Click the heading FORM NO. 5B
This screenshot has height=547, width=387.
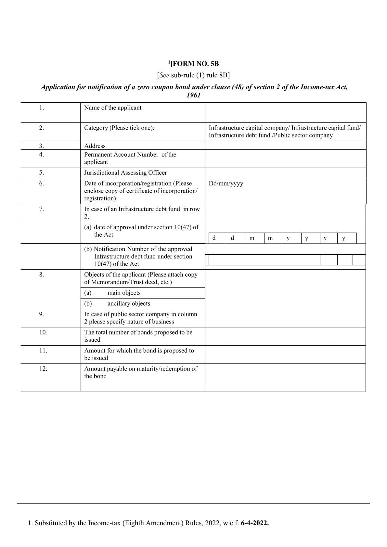click(194, 64)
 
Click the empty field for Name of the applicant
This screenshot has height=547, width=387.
click(285, 112)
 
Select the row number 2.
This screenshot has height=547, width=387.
click(42, 128)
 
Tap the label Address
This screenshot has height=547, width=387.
click(95, 146)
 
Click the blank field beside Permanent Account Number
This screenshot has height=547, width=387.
click(285, 159)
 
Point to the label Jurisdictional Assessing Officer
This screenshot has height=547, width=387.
click(125, 173)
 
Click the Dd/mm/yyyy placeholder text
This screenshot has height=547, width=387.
click(226, 184)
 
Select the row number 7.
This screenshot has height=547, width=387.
click(42, 209)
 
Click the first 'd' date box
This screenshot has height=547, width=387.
click(214, 238)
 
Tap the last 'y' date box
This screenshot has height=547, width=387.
click(344, 238)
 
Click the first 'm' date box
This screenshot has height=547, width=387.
click(252, 238)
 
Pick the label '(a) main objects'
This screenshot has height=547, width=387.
click(112, 293)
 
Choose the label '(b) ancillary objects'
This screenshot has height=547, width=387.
click(117, 304)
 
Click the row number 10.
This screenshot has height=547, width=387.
click(43, 332)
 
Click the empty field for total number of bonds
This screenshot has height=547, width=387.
click(285, 336)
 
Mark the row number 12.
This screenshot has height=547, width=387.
click(43, 369)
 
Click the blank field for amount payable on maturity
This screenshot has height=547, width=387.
click(285, 377)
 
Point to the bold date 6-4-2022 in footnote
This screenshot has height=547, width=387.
click(255, 523)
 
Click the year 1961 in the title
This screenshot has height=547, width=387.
click(194, 95)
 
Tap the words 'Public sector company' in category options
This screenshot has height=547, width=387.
click(303, 135)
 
